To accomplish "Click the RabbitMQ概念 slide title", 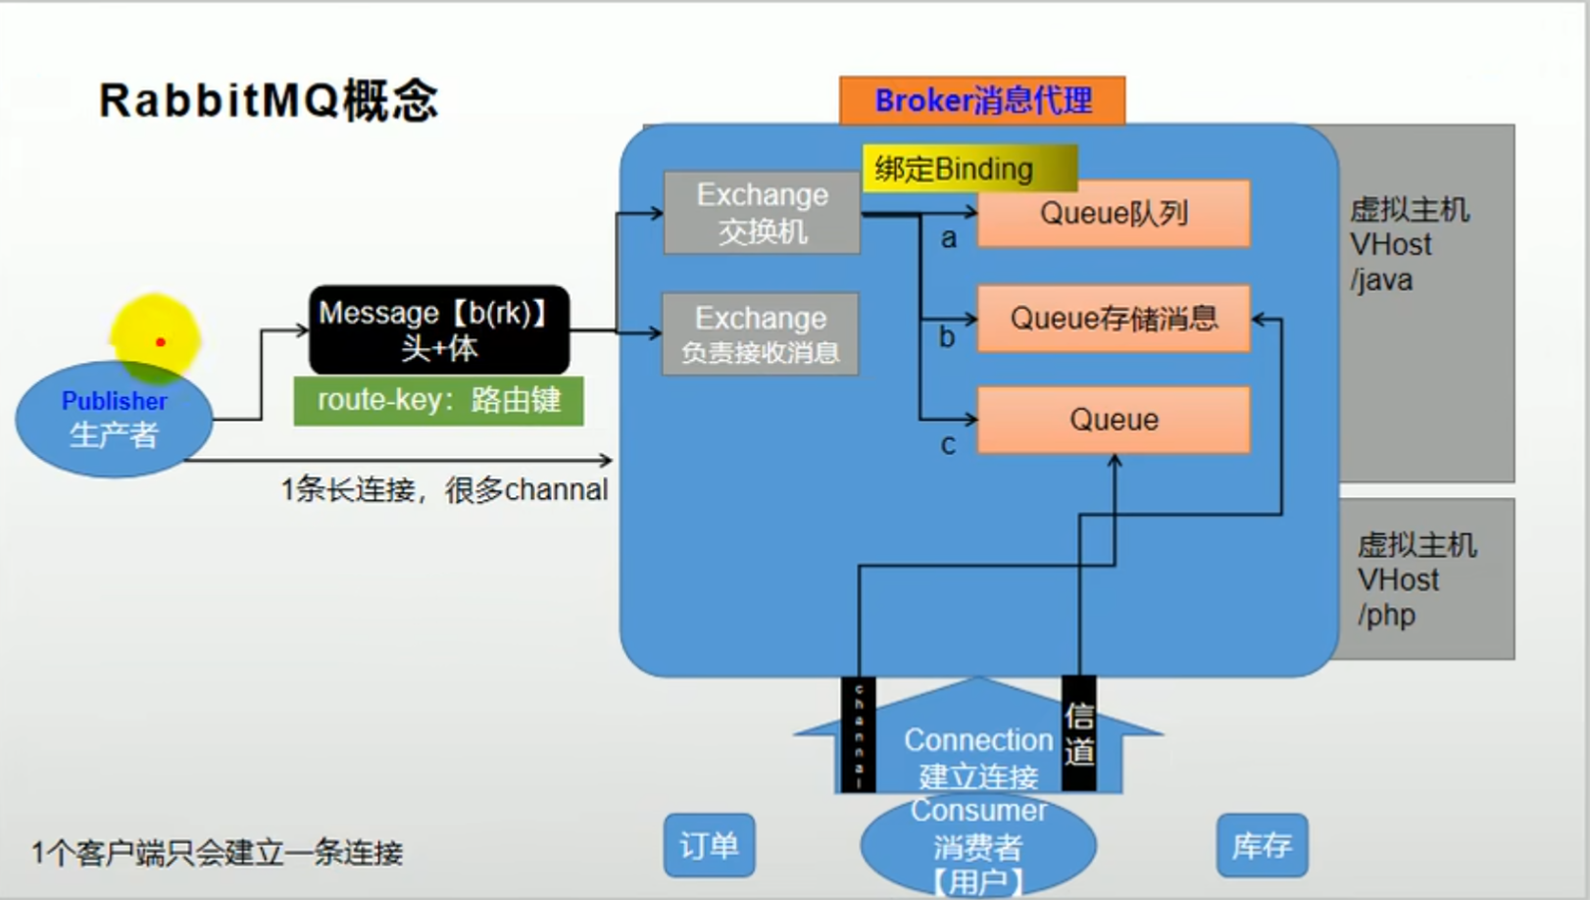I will coord(268,100).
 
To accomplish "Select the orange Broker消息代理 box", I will coord(982,100).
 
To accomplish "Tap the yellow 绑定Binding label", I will coord(969,169).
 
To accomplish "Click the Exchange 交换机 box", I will coord(762,213).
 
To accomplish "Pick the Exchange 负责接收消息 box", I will coord(760,334).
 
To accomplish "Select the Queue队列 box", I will coord(1114,213).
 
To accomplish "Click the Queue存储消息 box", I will coord(1114,318).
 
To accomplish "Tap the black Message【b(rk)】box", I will coord(438,330).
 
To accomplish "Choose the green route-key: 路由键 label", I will coord(438,400).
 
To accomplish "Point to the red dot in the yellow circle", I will coord(161,342).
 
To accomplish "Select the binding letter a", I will coord(948,238).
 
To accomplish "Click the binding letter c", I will coord(948,445).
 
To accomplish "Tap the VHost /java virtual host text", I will coord(1408,245).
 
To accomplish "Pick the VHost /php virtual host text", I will coord(1415,580).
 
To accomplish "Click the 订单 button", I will coord(709,845).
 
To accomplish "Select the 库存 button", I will coord(1262,845).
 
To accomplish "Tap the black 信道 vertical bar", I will coord(1079,733).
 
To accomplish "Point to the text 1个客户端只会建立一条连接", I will coord(217,853).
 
